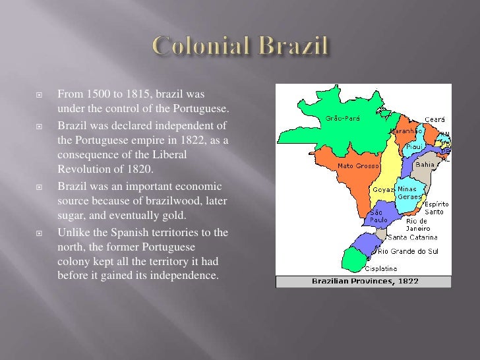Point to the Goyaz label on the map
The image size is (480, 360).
click(x=383, y=189)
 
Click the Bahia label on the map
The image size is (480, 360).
click(x=426, y=165)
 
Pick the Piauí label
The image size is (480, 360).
click(x=415, y=146)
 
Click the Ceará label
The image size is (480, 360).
click(x=435, y=119)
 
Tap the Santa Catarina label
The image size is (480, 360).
click(x=412, y=237)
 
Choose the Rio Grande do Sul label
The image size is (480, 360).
click(x=407, y=251)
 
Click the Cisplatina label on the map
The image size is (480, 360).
click(x=381, y=268)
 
